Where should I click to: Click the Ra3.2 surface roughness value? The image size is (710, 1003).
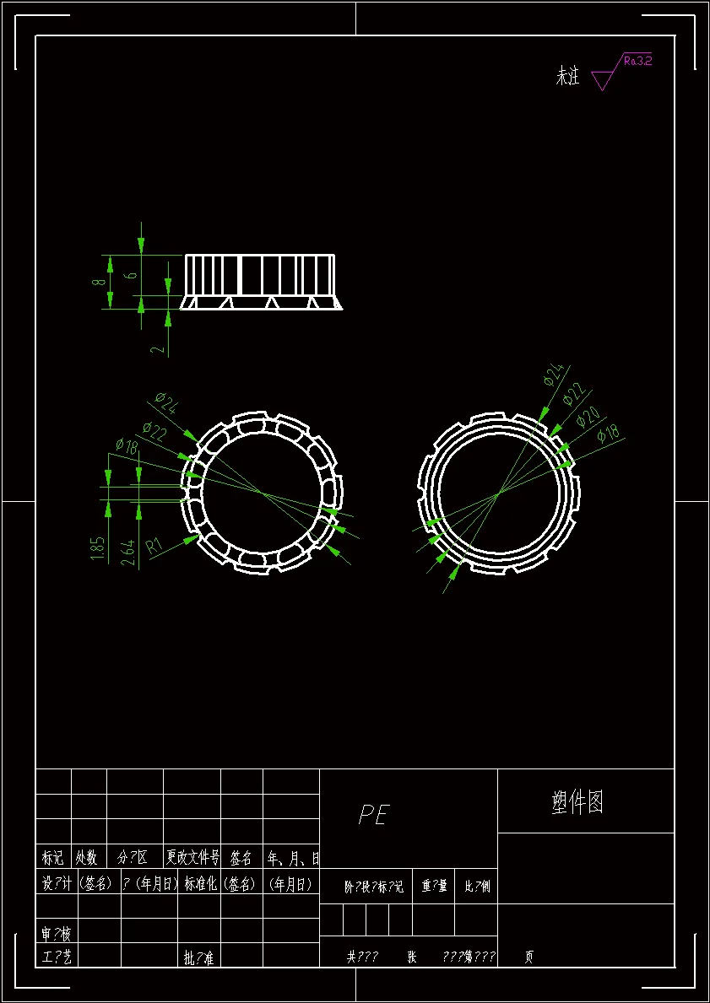[x=637, y=60]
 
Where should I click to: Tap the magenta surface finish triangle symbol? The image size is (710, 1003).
[x=602, y=80]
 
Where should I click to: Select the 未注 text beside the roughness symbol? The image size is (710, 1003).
[x=567, y=77]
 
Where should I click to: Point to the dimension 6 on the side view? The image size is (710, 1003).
[x=130, y=275]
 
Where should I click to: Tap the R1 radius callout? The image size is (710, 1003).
[x=154, y=544]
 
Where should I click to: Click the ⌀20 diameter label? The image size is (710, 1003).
[x=588, y=417]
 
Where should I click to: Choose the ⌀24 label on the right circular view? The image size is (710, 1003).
[x=553, y=375]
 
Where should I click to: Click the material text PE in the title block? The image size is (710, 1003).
[x=373, y=815]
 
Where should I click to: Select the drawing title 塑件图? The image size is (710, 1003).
[x=577, y=802]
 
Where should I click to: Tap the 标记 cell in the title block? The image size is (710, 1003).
[x=52, y=858]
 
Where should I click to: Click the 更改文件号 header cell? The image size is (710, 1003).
[x=192, y=858]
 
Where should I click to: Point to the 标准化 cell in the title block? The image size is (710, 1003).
[x=199, y=884]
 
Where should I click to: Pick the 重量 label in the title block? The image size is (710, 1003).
[x=433, y=887]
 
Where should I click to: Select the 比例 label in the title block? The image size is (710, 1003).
[x=476, y=887]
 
